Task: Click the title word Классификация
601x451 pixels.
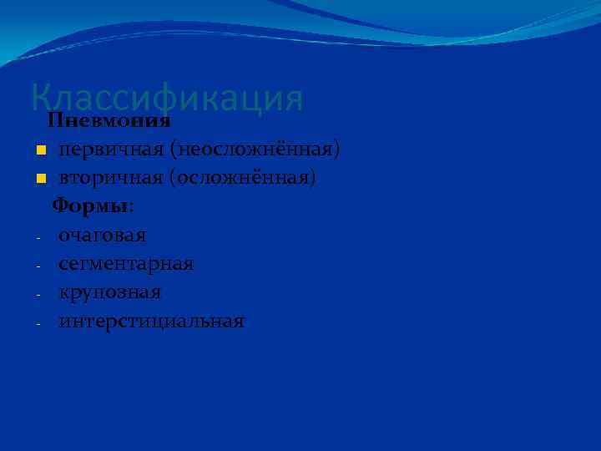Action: (x=167, y=99)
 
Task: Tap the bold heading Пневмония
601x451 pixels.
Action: (x=109, y=120)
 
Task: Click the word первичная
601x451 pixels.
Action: (x=110, y=150)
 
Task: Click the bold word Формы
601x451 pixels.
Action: (x=90, y=206)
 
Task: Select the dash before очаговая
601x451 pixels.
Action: (x=39, y=237)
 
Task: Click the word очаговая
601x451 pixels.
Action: (x=102, y=236)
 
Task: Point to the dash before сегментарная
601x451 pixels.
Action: (x=39, y=266)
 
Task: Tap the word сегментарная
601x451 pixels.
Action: (x=126, y=264)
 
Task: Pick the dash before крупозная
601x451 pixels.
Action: (x=39, y=294)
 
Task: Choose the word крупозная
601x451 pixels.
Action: (x=110, y=293)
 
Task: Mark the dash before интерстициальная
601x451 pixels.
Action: (x=39, y=323)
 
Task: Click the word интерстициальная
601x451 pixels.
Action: (x=151, y=322)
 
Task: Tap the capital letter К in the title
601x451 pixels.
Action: (x=41, y=99)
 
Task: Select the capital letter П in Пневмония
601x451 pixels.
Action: (x=54, y=120)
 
